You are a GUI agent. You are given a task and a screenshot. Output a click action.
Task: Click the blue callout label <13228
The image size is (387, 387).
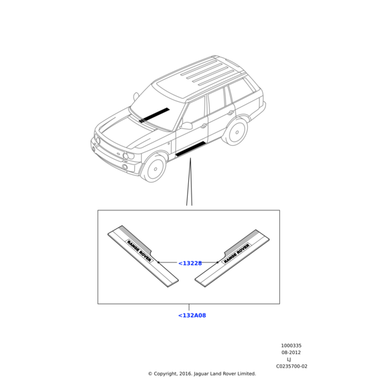tap(190, 263)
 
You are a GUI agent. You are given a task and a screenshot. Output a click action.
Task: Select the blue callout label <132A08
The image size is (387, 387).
tap(192, 315)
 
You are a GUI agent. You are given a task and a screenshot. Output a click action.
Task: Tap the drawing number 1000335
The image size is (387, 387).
tap(292, 346)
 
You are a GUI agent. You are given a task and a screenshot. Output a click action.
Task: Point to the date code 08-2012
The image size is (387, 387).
tap(292, 352)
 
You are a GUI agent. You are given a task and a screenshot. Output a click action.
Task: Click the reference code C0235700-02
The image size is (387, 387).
tap(292, 366)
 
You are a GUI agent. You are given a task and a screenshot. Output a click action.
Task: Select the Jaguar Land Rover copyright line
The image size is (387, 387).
tap(202, 373)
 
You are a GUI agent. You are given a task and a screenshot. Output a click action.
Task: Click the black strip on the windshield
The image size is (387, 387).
tap(154, 115)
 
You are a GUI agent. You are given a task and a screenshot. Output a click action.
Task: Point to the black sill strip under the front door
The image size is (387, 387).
tap(190, 149)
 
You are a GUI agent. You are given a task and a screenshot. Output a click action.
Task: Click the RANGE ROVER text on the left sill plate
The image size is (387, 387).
tap(139, 251)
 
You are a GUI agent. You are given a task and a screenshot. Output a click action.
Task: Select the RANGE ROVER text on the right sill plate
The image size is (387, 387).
tap(237, 253)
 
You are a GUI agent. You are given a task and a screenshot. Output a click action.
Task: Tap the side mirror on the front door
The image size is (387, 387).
tap(186, 126)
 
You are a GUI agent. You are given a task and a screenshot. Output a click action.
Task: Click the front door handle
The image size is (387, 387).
tap(204, 126)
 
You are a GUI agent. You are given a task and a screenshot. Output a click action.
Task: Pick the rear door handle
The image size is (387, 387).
tap(231, 113)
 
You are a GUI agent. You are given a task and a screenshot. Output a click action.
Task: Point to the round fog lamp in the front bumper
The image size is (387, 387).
tap(125, 167)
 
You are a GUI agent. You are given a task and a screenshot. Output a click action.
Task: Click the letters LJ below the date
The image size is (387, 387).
tap(289, 359)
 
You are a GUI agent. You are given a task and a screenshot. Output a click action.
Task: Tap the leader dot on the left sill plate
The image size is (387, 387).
tap(159, 263)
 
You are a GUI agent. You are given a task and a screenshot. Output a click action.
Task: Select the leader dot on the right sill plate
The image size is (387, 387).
tap(217, 263)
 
